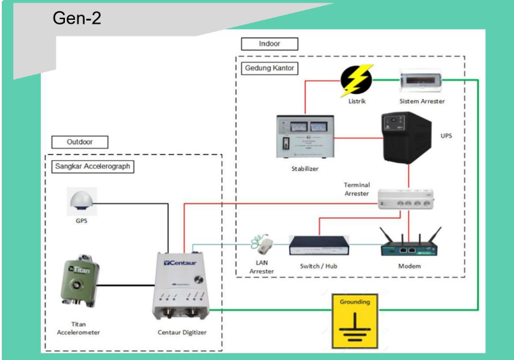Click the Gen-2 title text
coord(77,18)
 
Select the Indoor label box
coord(270,44)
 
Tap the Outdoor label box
coord(79,142)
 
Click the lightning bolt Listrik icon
coord(356,81)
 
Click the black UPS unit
coord(405,138)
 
